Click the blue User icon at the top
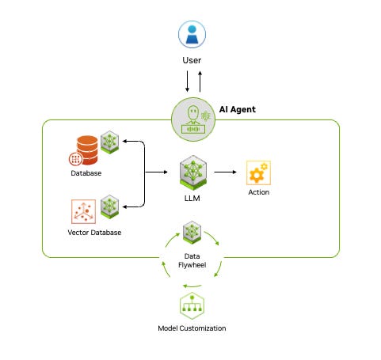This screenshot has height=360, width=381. (x=192, y=34)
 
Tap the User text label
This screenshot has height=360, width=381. (x=192, y=59)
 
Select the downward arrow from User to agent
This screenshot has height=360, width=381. (x=187, y=81)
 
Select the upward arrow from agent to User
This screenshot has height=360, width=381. (x=200, y=81)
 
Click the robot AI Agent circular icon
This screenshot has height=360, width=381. (x=192, y=119)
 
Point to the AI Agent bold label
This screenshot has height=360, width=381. (x=237, y=109)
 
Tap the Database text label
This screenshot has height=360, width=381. (x=86, y=174)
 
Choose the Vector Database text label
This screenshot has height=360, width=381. (x=86, y=234)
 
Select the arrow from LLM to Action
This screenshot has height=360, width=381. (x=227, y=171)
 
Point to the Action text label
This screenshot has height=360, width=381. (x=258, y=192)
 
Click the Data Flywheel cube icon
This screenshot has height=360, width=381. (x=192, y=232)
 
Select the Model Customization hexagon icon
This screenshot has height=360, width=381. (x=192, y=305)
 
